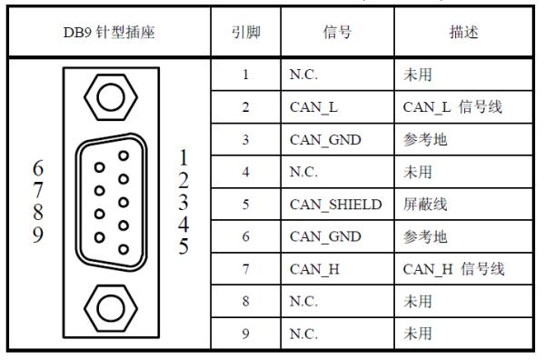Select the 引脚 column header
pos(245,32)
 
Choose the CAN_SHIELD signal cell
pos(330,204)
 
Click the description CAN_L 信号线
pos(451,107)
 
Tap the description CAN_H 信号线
pos(451,268)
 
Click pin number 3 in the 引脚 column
pos(245,139)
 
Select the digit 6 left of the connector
pos(38,169)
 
